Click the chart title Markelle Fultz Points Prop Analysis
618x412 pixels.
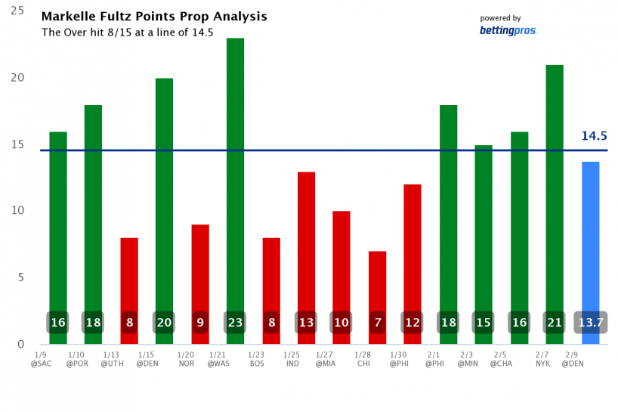(153, 17)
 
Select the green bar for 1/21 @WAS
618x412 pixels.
(236, 174)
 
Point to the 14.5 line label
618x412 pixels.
(594, 137)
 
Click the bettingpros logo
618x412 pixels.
(508, 30)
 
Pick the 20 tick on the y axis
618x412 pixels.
(17, 78)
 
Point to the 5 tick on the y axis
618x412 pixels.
(20, 277)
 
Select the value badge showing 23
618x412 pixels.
(236, 323)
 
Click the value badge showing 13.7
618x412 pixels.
(590, 323)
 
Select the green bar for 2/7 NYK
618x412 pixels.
(555, 189)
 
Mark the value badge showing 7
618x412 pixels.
(378, 323)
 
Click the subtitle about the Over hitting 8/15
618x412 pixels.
(127, 33)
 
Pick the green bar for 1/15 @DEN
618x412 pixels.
(165, 197)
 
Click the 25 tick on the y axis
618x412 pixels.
(17, 11)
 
